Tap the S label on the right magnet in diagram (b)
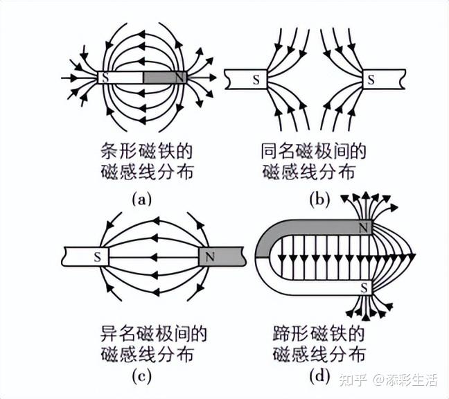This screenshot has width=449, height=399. point(371,80)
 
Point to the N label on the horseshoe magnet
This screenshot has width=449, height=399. point(364,227)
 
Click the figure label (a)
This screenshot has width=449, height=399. point(141,199)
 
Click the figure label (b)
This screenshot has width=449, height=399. point(320,199)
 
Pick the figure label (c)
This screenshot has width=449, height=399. point(141,378)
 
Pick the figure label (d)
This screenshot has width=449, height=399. point(320,378)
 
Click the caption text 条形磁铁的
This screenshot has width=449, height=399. point(141,151)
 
